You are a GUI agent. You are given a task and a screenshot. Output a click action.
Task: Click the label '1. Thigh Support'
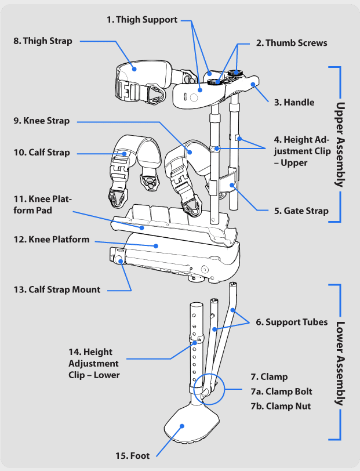[141, 20]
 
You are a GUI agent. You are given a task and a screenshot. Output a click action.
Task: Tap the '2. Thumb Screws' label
[292, 43]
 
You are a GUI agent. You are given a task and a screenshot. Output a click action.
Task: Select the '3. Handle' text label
[294, 102]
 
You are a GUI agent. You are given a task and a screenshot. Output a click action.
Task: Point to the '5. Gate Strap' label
[301, 211]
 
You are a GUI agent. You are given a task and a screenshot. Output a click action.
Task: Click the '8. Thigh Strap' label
[43, 41]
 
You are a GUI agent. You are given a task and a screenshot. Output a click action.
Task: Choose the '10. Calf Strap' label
[41, 153]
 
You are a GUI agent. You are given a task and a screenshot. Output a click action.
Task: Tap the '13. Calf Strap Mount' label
[56, 289]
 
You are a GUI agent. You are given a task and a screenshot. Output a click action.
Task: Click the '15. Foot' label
[132, 456]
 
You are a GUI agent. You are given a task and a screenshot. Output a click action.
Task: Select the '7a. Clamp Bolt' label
[281, 392]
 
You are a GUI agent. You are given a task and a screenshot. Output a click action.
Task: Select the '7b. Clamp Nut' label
[281, 406]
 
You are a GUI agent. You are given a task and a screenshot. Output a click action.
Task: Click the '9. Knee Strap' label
[41, 121]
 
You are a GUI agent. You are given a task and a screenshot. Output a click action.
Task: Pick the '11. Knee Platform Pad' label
[42, 205]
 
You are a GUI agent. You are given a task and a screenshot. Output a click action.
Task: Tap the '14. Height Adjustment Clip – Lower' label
[93, 363]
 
